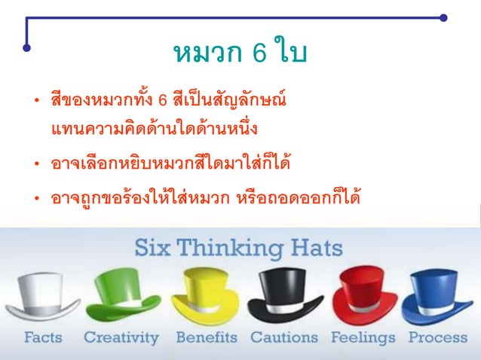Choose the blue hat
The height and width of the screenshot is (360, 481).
[x=441, y=295]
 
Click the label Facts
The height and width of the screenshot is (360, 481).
[x=43, y=338]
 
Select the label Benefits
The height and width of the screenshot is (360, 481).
[x=206, y=338]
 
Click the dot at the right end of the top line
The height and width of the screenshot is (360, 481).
[x=443, y=17]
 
